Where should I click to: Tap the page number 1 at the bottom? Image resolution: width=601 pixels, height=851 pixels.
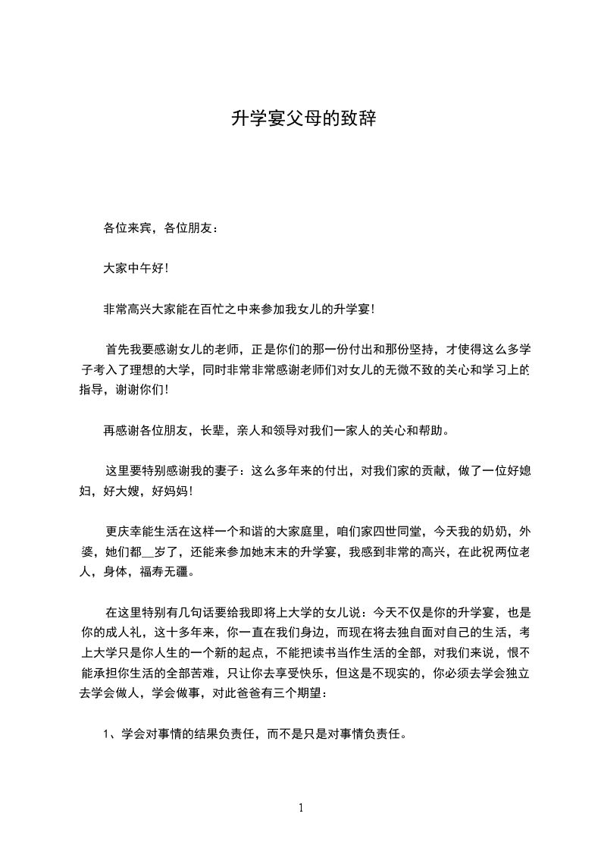(301, 807)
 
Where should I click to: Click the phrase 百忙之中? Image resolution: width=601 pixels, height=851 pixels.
(236, 309)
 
